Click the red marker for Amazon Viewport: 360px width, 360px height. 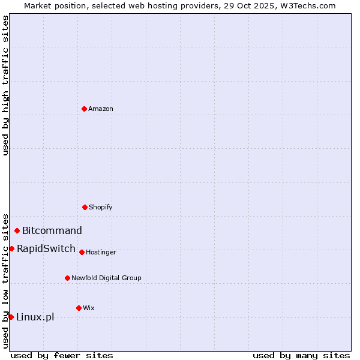coord(84,109)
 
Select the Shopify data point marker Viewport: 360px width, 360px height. coord(85,207)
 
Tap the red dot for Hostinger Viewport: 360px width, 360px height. coord(82,252)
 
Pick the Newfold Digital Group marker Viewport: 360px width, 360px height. coord(67,278)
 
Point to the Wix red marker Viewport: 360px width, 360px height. coord(79,308)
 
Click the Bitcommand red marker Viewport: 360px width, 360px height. coord(17,230)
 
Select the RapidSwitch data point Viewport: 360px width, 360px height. coord(11,248)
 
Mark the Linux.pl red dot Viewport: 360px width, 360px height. coord(11,317)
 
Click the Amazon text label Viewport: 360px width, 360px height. coord(101,109)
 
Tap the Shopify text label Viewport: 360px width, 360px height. coord(101,207)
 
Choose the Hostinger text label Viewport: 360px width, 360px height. coord(101,252)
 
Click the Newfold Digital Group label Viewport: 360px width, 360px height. coord(106,278)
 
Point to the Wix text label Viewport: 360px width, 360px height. coord(89,308)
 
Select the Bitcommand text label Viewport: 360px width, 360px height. coord(52,230)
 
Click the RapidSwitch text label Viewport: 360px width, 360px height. coord(46,248)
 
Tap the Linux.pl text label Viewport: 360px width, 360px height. coord(35,317)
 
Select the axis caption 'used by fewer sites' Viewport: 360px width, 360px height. coord(62,355)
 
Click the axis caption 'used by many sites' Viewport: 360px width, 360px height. coord(301,355)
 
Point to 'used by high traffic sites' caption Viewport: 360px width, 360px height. coord(5,85)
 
